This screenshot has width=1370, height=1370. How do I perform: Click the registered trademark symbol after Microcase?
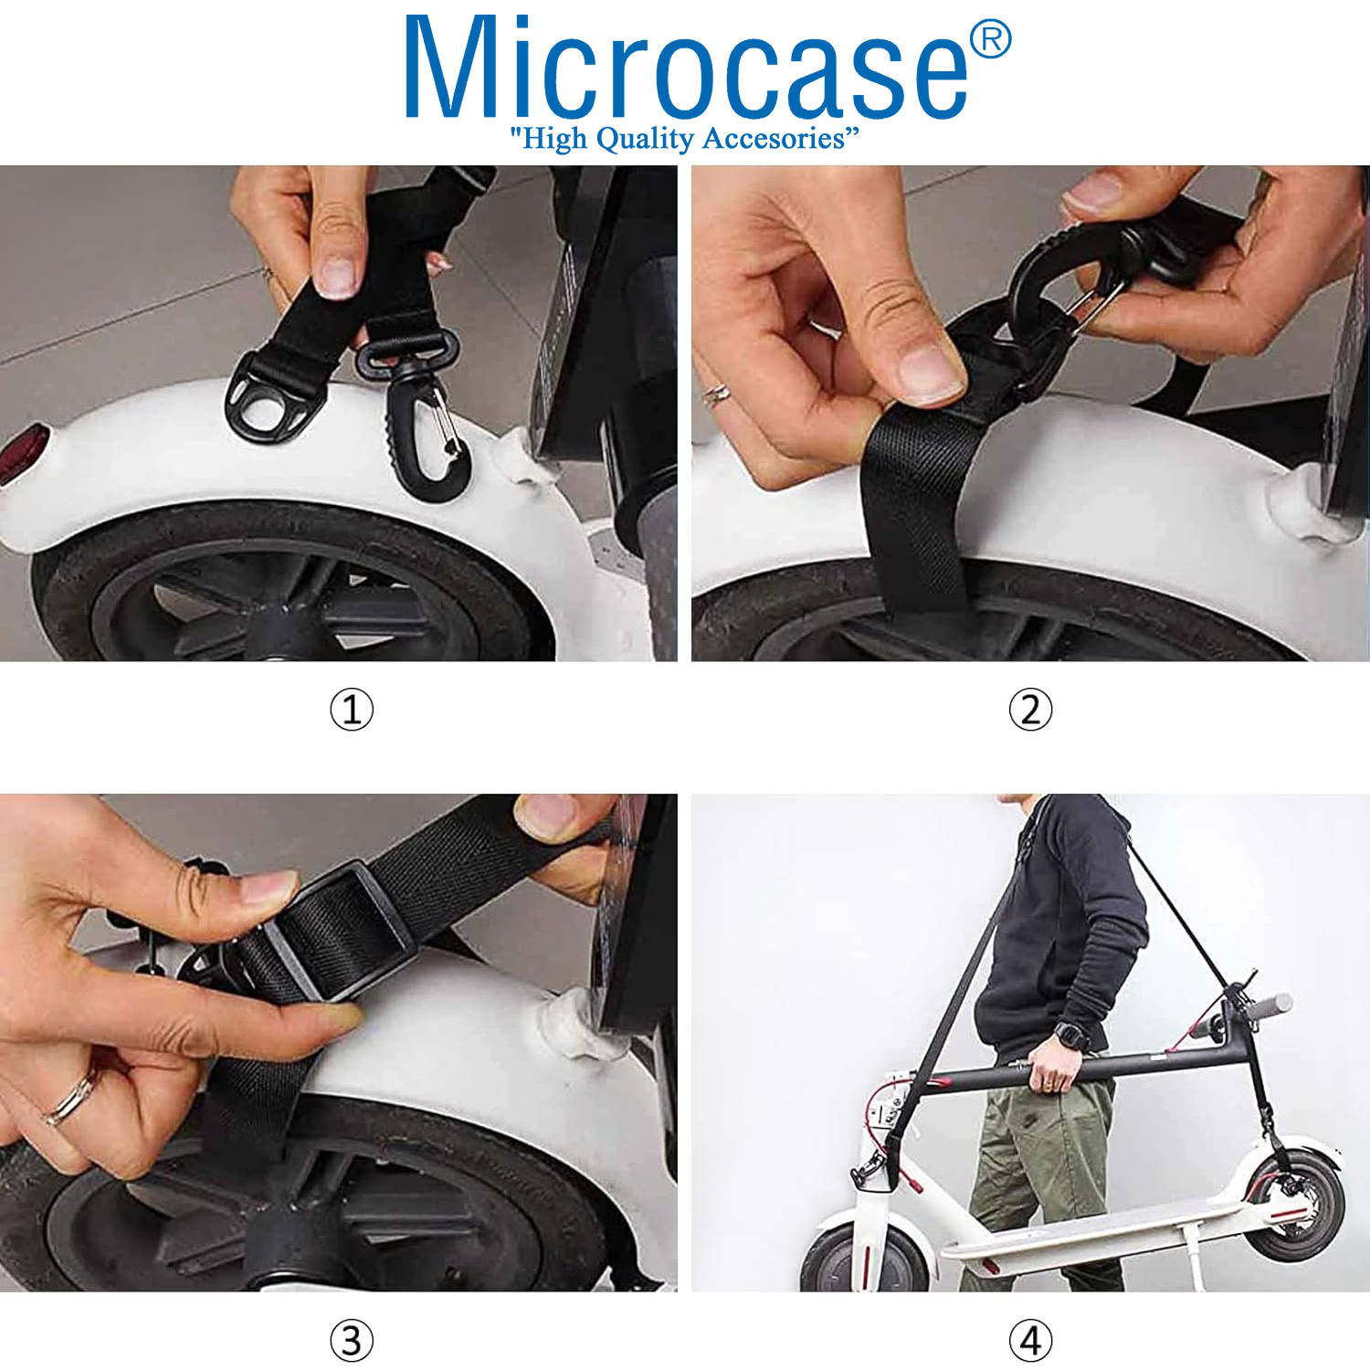(990, 40)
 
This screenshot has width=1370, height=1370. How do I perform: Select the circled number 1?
(352, 710)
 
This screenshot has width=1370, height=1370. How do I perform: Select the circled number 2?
(1030, 710)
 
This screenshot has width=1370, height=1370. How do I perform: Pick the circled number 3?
(352, 1341)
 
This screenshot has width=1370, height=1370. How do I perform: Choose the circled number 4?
(1030, 1341)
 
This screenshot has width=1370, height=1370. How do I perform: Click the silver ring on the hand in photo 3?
(71, 1100)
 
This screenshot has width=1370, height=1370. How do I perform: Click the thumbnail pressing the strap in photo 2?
(930, 370)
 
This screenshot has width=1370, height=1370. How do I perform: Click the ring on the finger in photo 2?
(716, 395)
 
